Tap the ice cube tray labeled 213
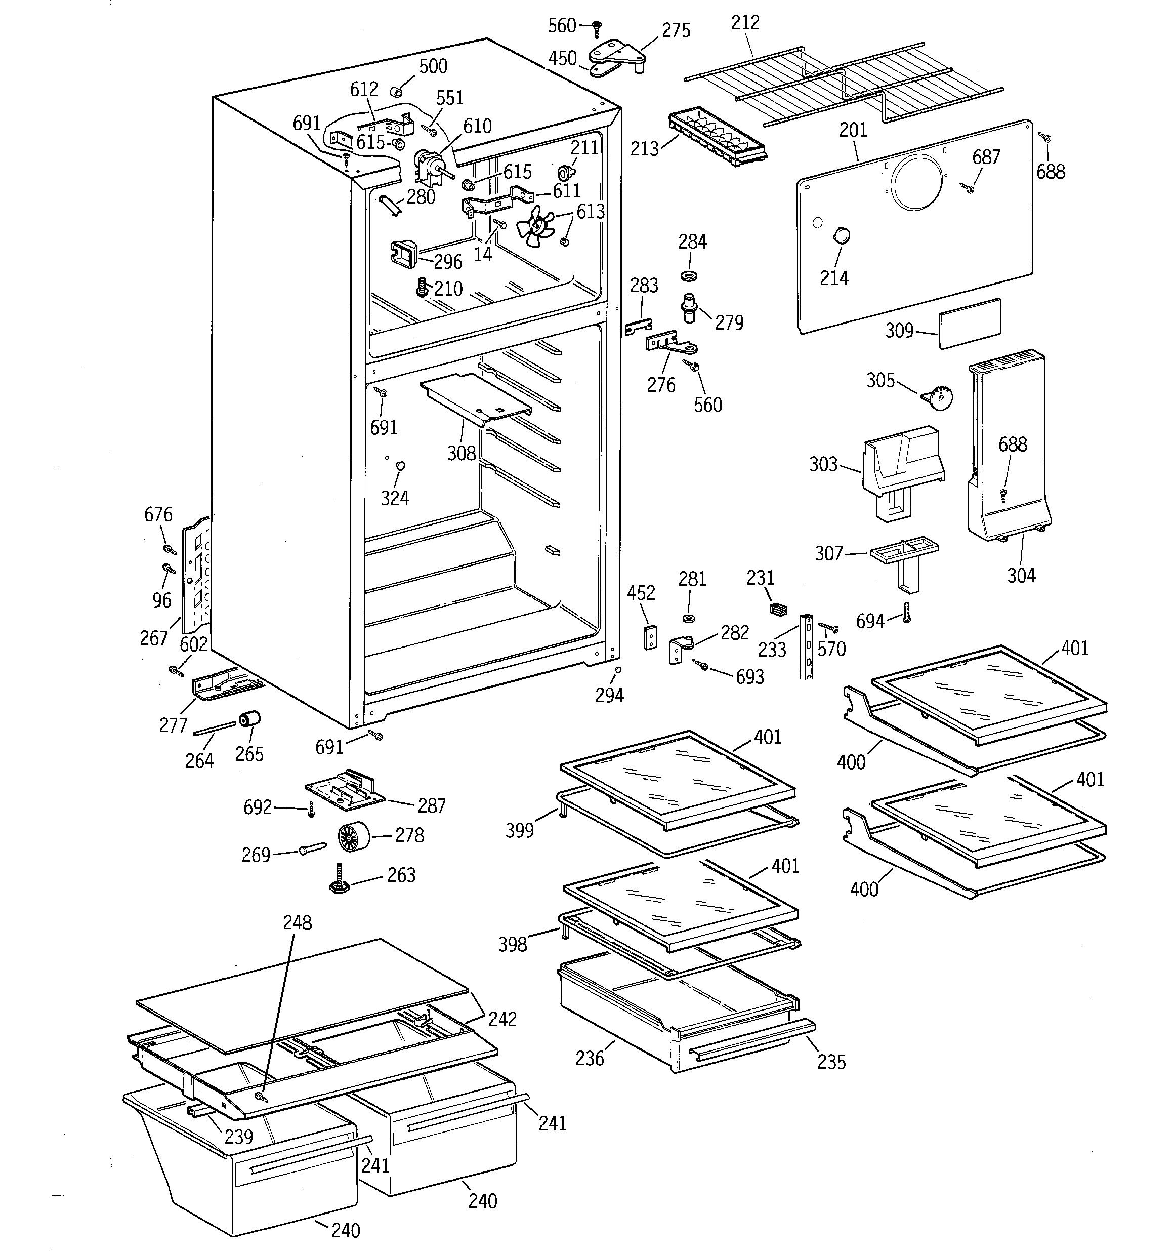[717, 137]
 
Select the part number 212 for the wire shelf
[745, 23]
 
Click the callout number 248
[297, 923]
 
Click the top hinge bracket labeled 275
[619, 54]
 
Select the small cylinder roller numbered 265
[249, 718]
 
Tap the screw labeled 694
[906, 612]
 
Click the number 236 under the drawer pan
[589, 1058]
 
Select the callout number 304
[1021, 574]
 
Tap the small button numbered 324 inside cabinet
[399, 465]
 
